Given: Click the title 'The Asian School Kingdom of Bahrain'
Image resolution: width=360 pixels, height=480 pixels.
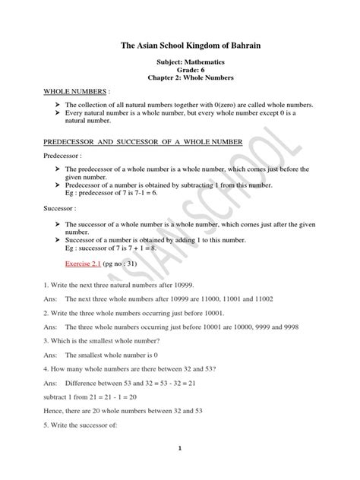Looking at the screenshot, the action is point(180,46).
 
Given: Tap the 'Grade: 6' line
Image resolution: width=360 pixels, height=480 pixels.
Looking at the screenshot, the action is point(180,77).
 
